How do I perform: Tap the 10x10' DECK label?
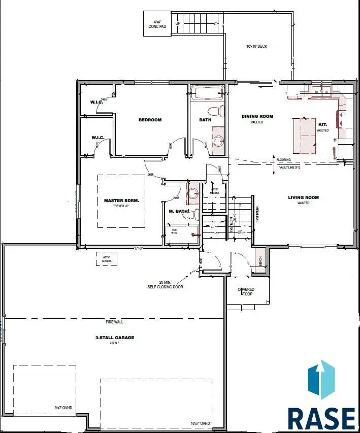coord(256,46)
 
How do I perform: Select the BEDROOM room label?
coord(150,120)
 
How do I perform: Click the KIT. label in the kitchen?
coord(322,124)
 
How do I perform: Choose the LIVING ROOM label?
coord(303,197)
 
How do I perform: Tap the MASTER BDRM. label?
coord(121,201)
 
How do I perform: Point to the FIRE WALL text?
coord(114,322)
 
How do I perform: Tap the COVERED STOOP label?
coord(246,291)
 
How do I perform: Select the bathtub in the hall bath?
coord(207,92)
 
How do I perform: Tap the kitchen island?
coord(304,135)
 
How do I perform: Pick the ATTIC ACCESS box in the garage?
coord(107,258)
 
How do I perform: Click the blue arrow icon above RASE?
coord(321,380)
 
